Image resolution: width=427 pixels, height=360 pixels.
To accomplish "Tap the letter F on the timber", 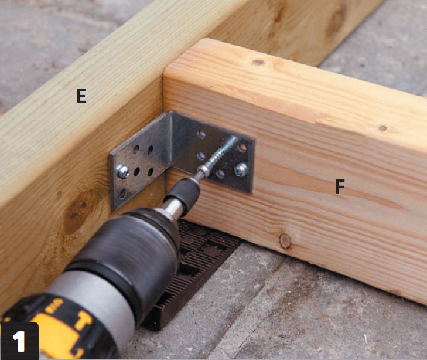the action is [x=340, y=187].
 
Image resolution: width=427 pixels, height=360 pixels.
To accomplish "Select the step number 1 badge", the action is [x=19, y=341].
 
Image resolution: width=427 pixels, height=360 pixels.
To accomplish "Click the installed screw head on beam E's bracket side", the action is [x=122, y=171].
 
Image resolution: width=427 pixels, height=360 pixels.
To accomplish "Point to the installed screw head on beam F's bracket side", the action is [x=241, y=170].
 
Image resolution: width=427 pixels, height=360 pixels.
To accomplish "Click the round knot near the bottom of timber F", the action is [x=285, y=241].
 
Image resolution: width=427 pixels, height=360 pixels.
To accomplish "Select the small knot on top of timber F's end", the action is [x=258, y=63].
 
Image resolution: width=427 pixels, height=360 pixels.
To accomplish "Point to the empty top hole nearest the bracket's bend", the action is [x=201, y=134].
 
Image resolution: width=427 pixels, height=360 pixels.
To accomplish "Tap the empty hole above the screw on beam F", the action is [x=241, y=148].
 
